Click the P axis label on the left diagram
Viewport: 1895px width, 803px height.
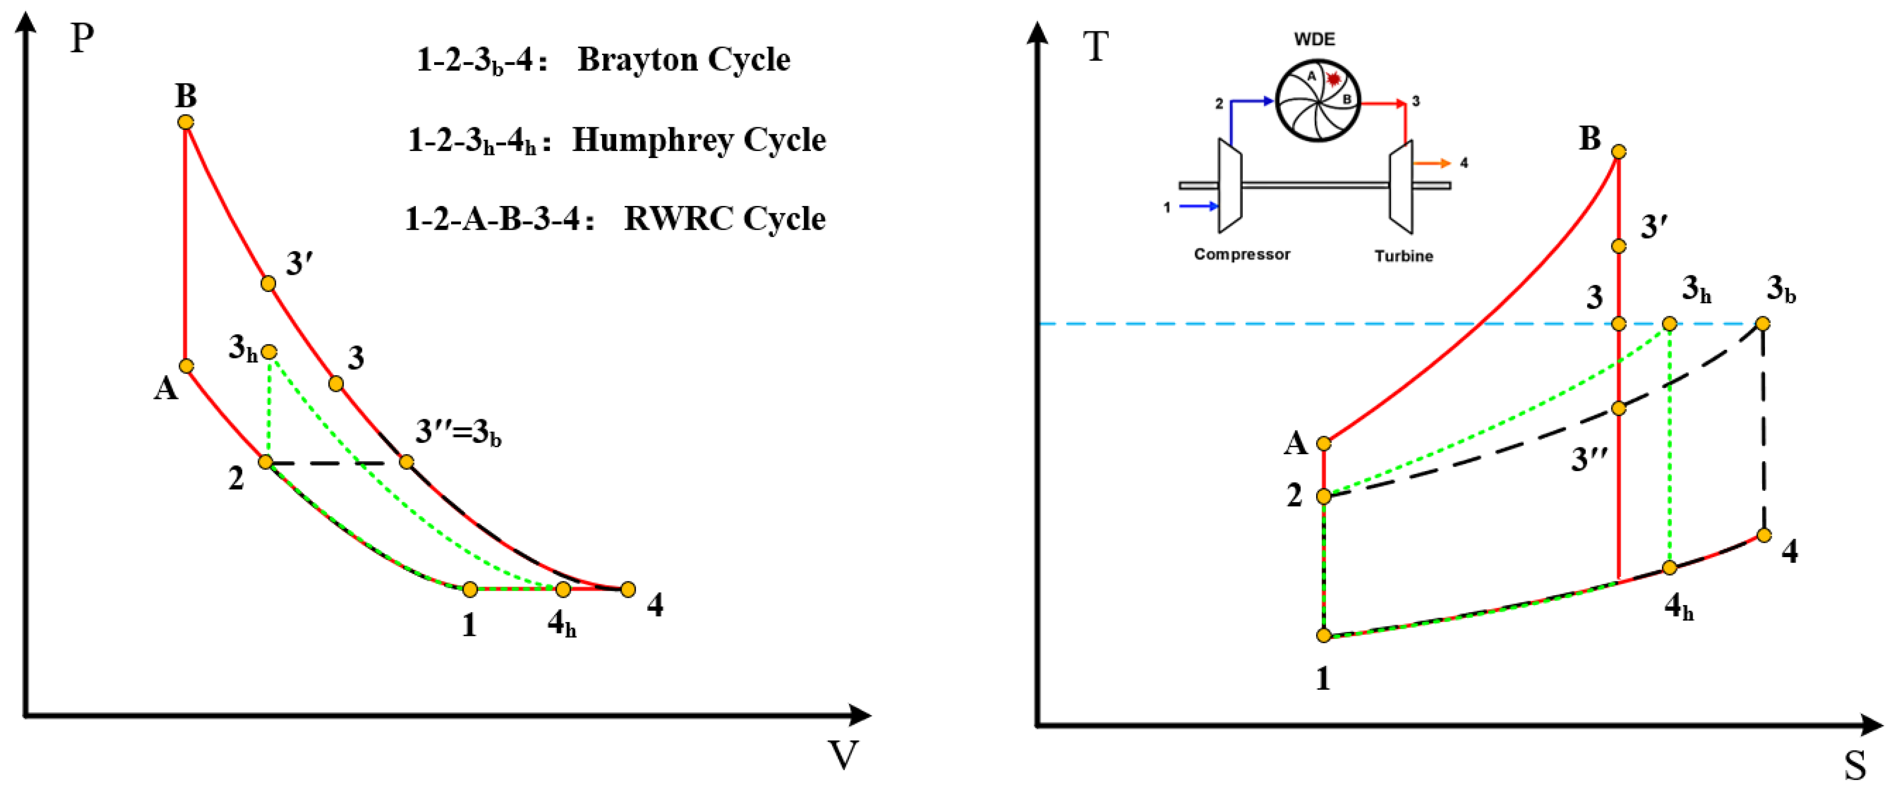82,38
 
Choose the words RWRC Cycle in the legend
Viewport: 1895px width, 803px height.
724,219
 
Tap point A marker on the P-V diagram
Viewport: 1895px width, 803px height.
187,366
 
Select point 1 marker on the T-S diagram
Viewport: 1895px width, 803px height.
1323,636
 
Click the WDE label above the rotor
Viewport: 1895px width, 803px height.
1314,39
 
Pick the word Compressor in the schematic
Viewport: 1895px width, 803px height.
1242,254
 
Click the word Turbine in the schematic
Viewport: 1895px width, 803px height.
1404,256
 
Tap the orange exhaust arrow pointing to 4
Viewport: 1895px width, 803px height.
1431,163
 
